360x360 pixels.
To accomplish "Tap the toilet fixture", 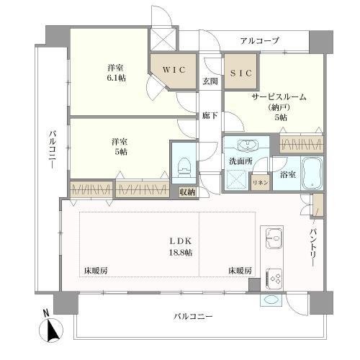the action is pyautogui.click(x=184, y=168).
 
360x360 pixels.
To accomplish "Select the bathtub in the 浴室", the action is pyautogui.click(x=312, y=174).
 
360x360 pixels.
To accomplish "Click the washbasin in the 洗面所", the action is pyautogui.click(x=248, y=145).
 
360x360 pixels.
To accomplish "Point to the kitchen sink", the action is pyautogui.click(x=275, y=238).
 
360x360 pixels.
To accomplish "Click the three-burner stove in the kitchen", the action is pyautogui.click(x=274, y=279).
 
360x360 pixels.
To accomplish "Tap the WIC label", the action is pyautogui.click(x=174, y=70).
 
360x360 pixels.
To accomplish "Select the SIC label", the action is pyautogui.click(x=241, y=73).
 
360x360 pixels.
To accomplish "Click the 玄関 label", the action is pyautogui.click(x=210, y=81).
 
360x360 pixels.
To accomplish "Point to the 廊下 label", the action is pyautogui.click(x=210, y=116).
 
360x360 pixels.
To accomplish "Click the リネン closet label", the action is pyautogui.click(x=261, y=182).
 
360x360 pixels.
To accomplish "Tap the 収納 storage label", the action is pyautogui.click(x=188, y=192).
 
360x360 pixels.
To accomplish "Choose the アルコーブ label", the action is pyautogui.click(x=260, y=41).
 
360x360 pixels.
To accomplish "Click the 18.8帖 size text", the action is pyautogui.click(x=181, y=252).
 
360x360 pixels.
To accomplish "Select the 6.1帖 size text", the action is pyautogui.click(x=117, y=78).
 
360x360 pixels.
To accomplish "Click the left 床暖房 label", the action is pyautogui.click(x=96, y=271).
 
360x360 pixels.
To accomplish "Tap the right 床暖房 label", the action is pyautogui.click(x=240, y=271).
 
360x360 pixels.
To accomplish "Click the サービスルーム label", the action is pyautogui.click(x=279, y=97).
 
